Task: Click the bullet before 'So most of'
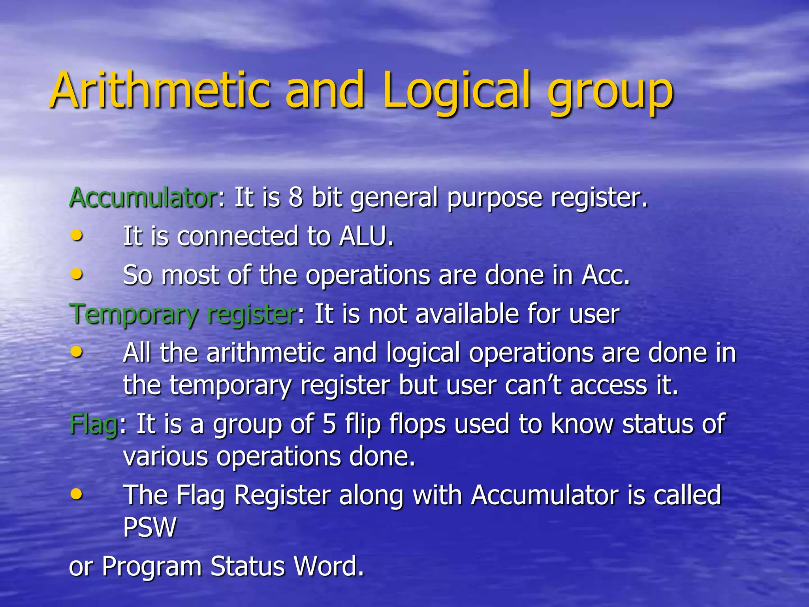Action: [77, 273]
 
